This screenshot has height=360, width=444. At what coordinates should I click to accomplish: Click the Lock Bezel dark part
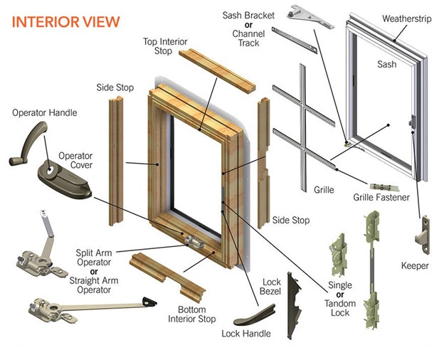click(297, 297)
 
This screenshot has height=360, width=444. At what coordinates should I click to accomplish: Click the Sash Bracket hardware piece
click(312, 16)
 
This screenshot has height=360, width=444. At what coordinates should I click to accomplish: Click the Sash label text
click(386, 64)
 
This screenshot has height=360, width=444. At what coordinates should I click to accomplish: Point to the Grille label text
click(322, 190)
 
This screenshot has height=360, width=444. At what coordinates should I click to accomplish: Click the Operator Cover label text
click(75, 161)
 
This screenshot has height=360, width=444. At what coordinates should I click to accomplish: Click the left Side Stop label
click(115, 88)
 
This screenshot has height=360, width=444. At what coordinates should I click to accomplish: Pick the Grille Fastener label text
click(382, 197)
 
